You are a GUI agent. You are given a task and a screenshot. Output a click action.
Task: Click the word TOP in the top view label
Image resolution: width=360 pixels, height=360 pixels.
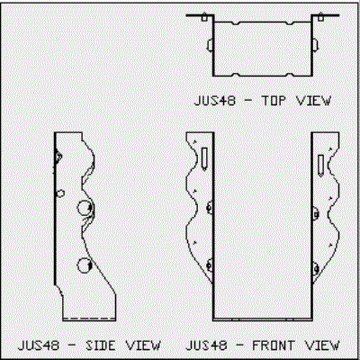click(274, 101)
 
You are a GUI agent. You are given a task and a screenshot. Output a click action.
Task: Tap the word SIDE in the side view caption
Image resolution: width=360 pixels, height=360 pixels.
click(101, 346)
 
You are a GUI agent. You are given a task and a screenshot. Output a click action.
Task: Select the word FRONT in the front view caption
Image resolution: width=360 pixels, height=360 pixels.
click(273, 346)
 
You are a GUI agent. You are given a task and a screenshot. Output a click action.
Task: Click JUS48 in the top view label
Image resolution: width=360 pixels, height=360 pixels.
click(215, 101)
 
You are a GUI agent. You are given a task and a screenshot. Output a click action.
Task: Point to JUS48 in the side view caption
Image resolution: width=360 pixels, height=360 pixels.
click(39, 346)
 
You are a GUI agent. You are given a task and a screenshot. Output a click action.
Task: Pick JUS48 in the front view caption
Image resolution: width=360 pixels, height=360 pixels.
click(206, 346)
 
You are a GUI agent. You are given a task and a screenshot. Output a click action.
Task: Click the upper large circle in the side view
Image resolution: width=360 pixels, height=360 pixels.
click(85, 208)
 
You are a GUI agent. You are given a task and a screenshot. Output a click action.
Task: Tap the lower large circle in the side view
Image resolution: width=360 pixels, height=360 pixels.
click(85, 265)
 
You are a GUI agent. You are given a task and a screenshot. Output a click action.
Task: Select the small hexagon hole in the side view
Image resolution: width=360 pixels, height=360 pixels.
click(60, 193)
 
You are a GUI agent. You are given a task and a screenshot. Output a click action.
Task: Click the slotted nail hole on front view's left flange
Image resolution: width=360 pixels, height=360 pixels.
click(204, 159)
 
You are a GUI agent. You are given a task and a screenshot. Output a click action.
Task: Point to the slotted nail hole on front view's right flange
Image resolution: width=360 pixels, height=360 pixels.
click(320, 166)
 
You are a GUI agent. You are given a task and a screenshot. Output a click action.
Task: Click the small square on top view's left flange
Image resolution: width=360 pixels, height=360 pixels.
click(204, 18)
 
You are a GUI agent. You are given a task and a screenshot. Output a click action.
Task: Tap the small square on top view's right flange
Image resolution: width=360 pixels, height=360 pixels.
click(320, 18)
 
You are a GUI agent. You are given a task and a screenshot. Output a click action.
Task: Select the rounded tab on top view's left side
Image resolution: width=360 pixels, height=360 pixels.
click(210, 45)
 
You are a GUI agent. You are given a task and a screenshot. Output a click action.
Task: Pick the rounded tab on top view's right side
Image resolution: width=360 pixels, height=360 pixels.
click(315, 45)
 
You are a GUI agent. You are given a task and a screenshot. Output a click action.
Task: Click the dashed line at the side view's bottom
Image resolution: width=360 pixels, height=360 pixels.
click(89, 318)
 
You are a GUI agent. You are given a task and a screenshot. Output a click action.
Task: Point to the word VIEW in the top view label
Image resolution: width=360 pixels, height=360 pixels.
click(313, 101)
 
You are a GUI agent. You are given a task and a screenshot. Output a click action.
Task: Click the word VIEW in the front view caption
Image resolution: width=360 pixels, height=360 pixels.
click(322, 346)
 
